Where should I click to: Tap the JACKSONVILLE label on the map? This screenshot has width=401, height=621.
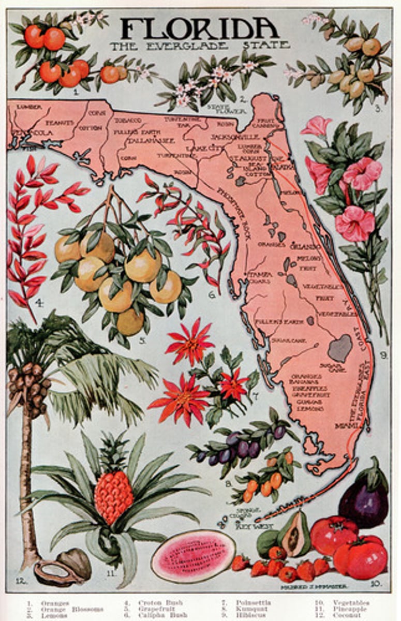tap(234, 137)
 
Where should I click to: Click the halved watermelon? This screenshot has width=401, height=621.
tap(193, 555)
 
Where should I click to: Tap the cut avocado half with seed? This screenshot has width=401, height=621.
tap(292, 538)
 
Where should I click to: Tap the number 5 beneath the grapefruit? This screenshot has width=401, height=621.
tap(141, 341)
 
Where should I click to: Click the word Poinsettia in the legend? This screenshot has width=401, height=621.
tap(253, 603)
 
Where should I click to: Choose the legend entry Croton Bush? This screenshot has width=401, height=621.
tap(160, 603)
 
